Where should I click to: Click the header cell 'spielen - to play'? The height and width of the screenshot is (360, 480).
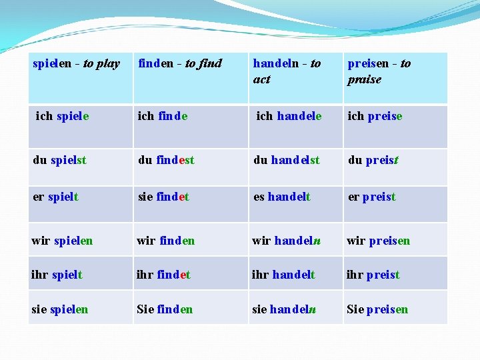coord(76,64)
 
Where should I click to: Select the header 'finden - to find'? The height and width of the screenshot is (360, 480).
coord(180,64)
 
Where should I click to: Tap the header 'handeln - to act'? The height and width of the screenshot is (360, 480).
coord(287,71)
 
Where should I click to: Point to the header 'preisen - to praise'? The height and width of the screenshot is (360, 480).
coord(379,71)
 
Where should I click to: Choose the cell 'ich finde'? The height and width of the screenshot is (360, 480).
coord(162,116)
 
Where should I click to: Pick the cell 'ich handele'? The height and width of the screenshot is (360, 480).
coord(289,116)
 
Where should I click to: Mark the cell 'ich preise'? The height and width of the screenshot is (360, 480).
coord(375,116)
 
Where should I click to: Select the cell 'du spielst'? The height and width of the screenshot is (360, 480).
coord(59,160)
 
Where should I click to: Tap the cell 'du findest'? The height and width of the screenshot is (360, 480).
coord(166,160)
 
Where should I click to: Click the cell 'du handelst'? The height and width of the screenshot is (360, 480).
coord(286,160)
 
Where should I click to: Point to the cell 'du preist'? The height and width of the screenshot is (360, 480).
coord(373,160)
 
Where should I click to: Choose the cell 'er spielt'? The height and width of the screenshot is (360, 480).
coord(55,197)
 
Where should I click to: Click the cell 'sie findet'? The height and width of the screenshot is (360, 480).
coord(163,197)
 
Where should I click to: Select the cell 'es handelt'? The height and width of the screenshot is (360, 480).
coord(281,197)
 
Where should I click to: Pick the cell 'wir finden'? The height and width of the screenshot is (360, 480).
coord(165,240)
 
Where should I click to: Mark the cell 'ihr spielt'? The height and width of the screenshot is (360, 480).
coord(57,274)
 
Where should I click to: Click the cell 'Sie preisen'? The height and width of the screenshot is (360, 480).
coord(377,309)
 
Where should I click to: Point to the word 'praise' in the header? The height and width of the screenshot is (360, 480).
coord(364,79)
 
